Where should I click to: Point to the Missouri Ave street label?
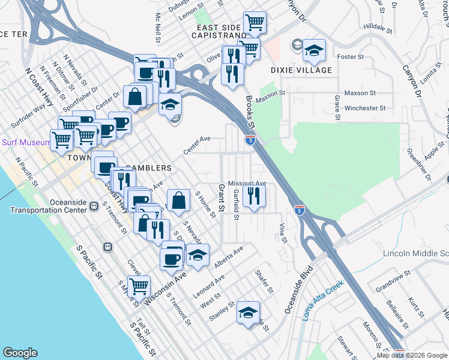click(x=247, y=183)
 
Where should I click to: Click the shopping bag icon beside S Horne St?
click(x=179, y=200)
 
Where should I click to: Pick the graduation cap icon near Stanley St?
click(x=248, y=312)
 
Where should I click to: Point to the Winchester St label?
click(x=365, y=108)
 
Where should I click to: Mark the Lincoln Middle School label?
click(x=415, y=253)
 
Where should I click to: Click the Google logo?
click(x=20, y=353)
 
